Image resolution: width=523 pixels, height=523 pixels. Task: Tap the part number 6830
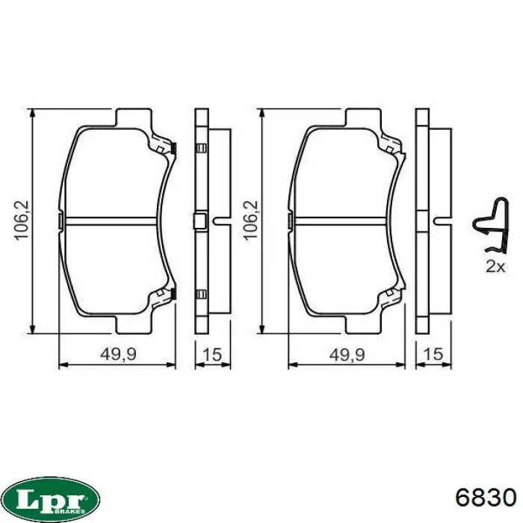point(486,499)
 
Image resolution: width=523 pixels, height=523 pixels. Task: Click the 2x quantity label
point(495,266)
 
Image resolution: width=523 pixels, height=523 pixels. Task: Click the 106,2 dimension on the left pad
point(22,220)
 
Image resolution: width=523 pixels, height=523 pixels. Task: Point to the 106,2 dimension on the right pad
point(251,220)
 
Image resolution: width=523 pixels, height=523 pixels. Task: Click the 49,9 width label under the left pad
point(118,354)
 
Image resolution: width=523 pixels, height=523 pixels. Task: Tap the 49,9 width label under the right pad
point(347,354)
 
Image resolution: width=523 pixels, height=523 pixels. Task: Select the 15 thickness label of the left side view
point(212,354)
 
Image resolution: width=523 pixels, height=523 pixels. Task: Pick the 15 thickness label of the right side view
point(433,354)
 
